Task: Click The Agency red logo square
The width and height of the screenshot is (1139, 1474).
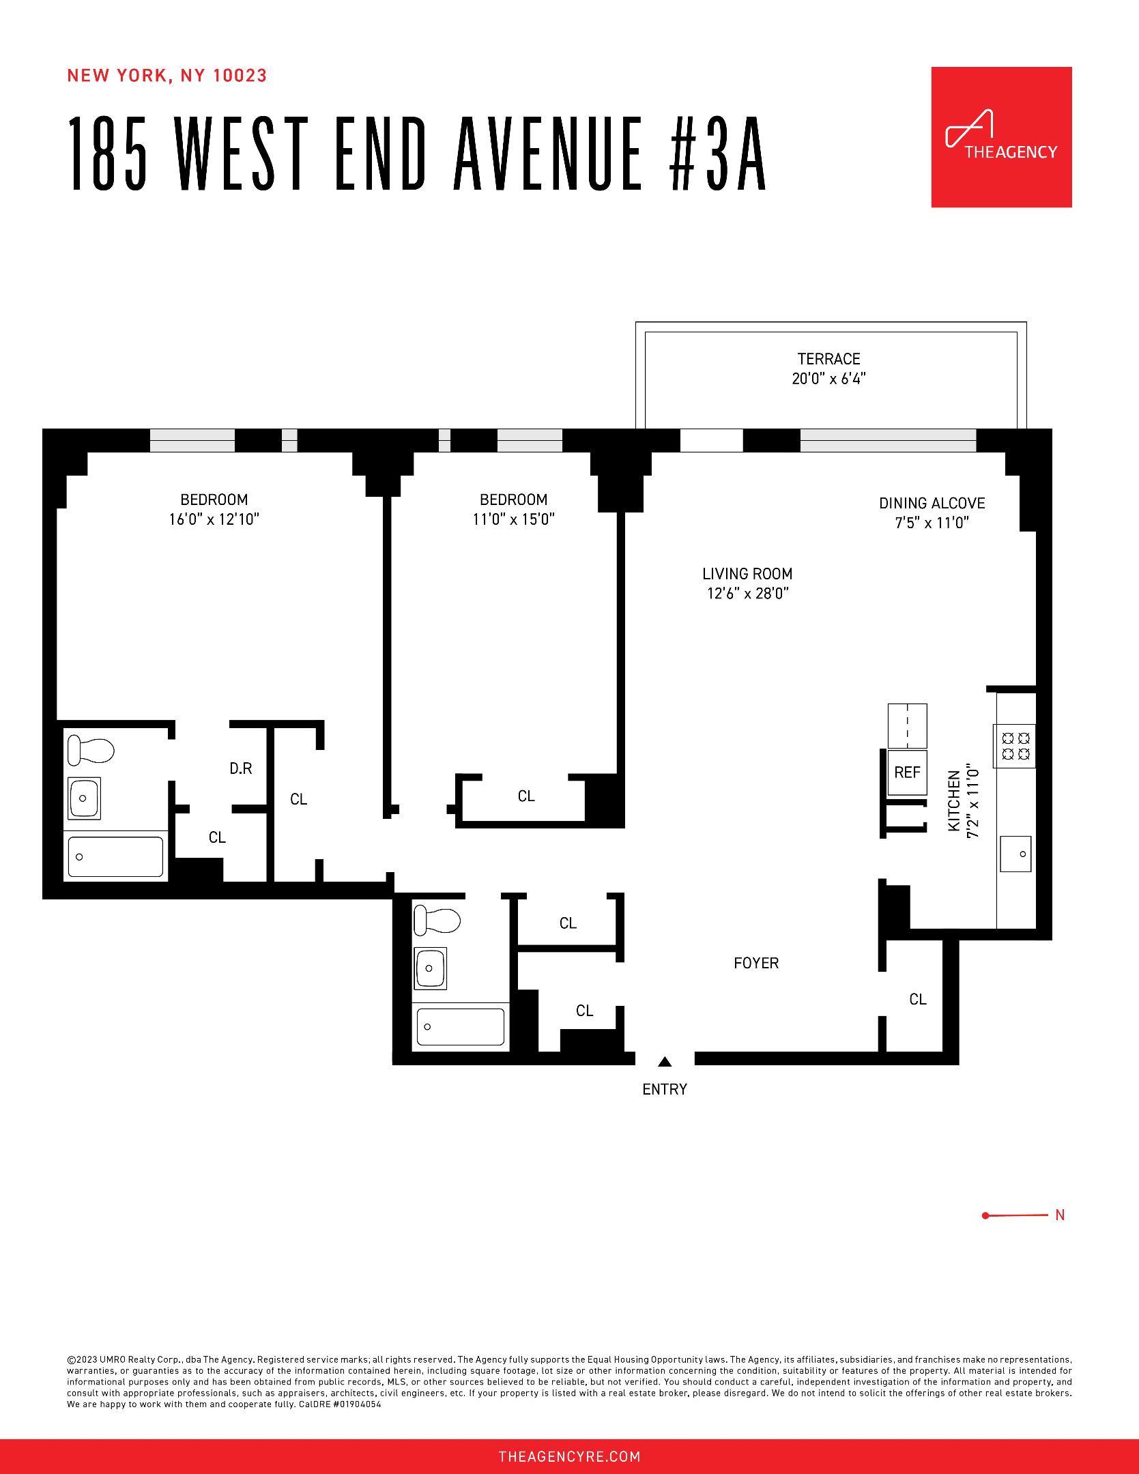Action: pyautogui.click(x=1001, y=137)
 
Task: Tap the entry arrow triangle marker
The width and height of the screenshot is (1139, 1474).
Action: pyautogui.click(x=665, y=1062)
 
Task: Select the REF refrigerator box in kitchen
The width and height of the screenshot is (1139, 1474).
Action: pyautogui.click(x=907, y=772)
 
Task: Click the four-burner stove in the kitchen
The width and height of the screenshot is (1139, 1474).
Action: pyautogui.click(x=1015, y=745)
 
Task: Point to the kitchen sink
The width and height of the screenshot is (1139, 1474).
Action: pyautogui.click(x=1015, y=854)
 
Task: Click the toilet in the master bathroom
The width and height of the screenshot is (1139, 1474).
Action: pyautogui.click(x=89, y=751)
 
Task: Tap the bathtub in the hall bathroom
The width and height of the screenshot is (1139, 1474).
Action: pyautogui.click(x=461, y=1026)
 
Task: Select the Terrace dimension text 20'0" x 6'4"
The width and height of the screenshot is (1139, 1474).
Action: pyautogui.click(x=828, y=379)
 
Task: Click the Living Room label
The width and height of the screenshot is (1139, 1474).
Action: pyautogui.click(x=747, y=574)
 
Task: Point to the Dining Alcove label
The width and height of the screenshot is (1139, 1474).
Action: pyautogui.click(x=932, y=504)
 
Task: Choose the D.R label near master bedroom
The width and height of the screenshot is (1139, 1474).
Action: pyautogui.click(x=240, y=769)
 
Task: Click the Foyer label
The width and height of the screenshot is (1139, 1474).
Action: pyautogui.click(x=755, y=963)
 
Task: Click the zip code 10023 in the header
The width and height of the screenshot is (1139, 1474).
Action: pyautogui.click(x=240, y=76)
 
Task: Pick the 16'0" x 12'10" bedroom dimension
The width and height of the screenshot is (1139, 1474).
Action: pyautogui.click(x=214, y=519)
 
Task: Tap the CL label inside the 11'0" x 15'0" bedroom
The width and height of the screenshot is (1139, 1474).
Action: pyautogui.click(x=525, y=796)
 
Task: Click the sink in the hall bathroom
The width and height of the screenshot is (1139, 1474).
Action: pyautogui.click(x=430, y=968)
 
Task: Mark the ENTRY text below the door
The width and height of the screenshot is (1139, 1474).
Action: pyautogui.click(x=664, y=1090)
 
